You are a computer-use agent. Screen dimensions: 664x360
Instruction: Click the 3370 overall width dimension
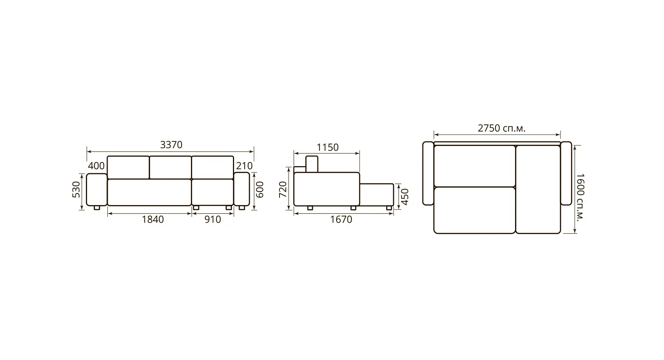coord(171,145)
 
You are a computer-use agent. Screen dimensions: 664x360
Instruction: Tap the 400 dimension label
coord(96,166)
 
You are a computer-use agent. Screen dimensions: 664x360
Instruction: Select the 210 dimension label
coord(245,166)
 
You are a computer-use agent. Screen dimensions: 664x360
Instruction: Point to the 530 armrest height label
coord(76,189)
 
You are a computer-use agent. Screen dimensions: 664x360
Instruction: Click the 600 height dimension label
coord(260,189)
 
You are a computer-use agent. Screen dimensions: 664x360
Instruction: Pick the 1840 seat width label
coord(153,219)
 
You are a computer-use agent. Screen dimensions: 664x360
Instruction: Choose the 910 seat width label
coord(213,219)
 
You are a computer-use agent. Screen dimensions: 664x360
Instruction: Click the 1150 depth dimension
coord(327,147)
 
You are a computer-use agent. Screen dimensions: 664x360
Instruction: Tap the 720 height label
coord(283,189)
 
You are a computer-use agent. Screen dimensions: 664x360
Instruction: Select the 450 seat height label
coord(404,197)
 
